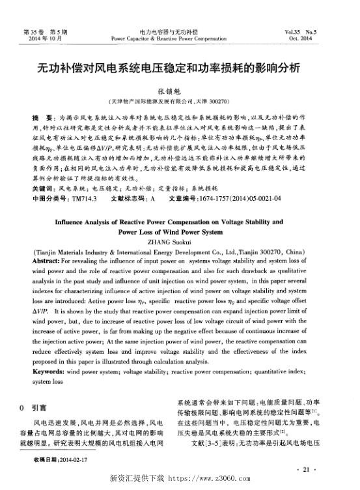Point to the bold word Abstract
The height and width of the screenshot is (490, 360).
pyautogui.click(x=46, y=259)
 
